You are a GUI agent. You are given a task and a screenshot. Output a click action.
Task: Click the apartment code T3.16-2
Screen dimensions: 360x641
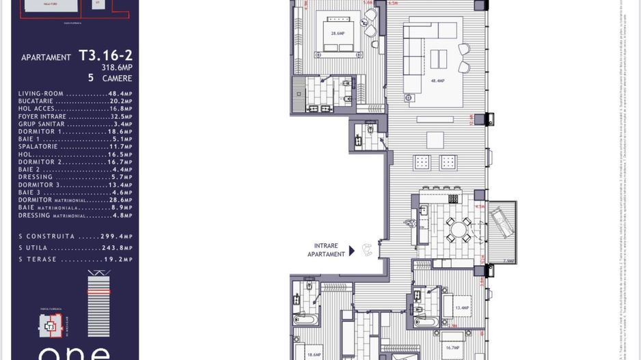105,55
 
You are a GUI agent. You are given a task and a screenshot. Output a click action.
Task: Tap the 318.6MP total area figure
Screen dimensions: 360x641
117,68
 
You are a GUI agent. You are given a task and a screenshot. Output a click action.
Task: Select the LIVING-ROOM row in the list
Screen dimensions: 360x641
75,94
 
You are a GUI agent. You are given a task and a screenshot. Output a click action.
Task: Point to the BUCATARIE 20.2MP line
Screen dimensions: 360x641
75,101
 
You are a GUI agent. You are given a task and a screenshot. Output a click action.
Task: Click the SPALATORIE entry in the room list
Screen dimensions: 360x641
75,147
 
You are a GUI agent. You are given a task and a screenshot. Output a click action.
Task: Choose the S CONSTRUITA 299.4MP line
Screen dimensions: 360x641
75,236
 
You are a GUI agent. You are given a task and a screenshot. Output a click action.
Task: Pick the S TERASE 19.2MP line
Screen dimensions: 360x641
75,260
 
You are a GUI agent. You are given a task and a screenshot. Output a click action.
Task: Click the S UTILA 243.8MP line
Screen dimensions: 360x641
75,248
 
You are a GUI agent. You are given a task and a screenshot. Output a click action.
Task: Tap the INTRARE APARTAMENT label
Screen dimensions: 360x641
326,250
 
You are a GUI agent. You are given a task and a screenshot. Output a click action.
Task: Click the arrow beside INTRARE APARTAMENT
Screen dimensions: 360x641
352,251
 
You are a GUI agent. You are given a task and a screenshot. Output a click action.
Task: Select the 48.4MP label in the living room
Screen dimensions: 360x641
437,81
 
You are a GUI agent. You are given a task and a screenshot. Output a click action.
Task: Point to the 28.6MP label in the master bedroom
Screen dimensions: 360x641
337,33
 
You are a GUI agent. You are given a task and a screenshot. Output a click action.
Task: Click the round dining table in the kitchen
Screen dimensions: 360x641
457,230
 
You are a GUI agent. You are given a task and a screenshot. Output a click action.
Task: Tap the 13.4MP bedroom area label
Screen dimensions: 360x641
462,307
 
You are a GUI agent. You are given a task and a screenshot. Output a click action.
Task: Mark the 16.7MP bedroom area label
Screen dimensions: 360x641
452,348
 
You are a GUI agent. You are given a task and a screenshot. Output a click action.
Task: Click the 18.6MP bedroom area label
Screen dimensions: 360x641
314,355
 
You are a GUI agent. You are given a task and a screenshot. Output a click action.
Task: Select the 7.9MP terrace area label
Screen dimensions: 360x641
508,261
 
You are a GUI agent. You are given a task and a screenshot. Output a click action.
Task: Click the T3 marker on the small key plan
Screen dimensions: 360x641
50,327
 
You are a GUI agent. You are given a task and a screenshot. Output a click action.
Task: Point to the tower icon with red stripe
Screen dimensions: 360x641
98,303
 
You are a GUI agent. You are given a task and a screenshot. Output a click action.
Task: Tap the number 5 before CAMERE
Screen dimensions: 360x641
91,78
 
